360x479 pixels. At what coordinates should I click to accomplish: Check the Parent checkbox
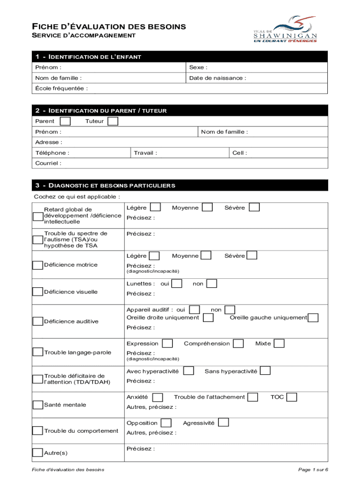coord(66,122)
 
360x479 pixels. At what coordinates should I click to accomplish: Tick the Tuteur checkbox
coord(113,122)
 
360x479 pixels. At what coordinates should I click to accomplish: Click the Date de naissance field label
coord(217,78)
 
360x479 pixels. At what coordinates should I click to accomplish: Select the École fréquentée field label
coord(61,88)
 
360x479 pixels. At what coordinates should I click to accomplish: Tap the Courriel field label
coord(48,163)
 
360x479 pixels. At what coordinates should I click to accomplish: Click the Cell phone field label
coord(239,153)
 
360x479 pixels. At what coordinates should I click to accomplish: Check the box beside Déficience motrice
coord(37,265)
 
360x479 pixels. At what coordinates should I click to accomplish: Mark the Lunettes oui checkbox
coord(177,283)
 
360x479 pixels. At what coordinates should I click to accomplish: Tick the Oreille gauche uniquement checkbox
coord(313,318)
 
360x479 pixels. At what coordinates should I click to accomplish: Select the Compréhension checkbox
coord(238,344)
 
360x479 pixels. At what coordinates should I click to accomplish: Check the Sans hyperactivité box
coord(265,371)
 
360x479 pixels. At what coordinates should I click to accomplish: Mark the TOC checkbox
coord(291,397)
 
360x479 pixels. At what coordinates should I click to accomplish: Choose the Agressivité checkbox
coord(223,423)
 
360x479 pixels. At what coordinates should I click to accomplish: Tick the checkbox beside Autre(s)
coord(37,453)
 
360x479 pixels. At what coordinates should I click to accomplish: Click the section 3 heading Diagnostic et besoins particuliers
coord(105,186)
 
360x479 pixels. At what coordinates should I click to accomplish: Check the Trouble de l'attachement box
coord(252,397)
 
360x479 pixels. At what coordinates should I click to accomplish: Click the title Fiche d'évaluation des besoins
coord(108,27)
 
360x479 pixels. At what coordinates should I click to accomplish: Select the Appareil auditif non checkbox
coord(230,310)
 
